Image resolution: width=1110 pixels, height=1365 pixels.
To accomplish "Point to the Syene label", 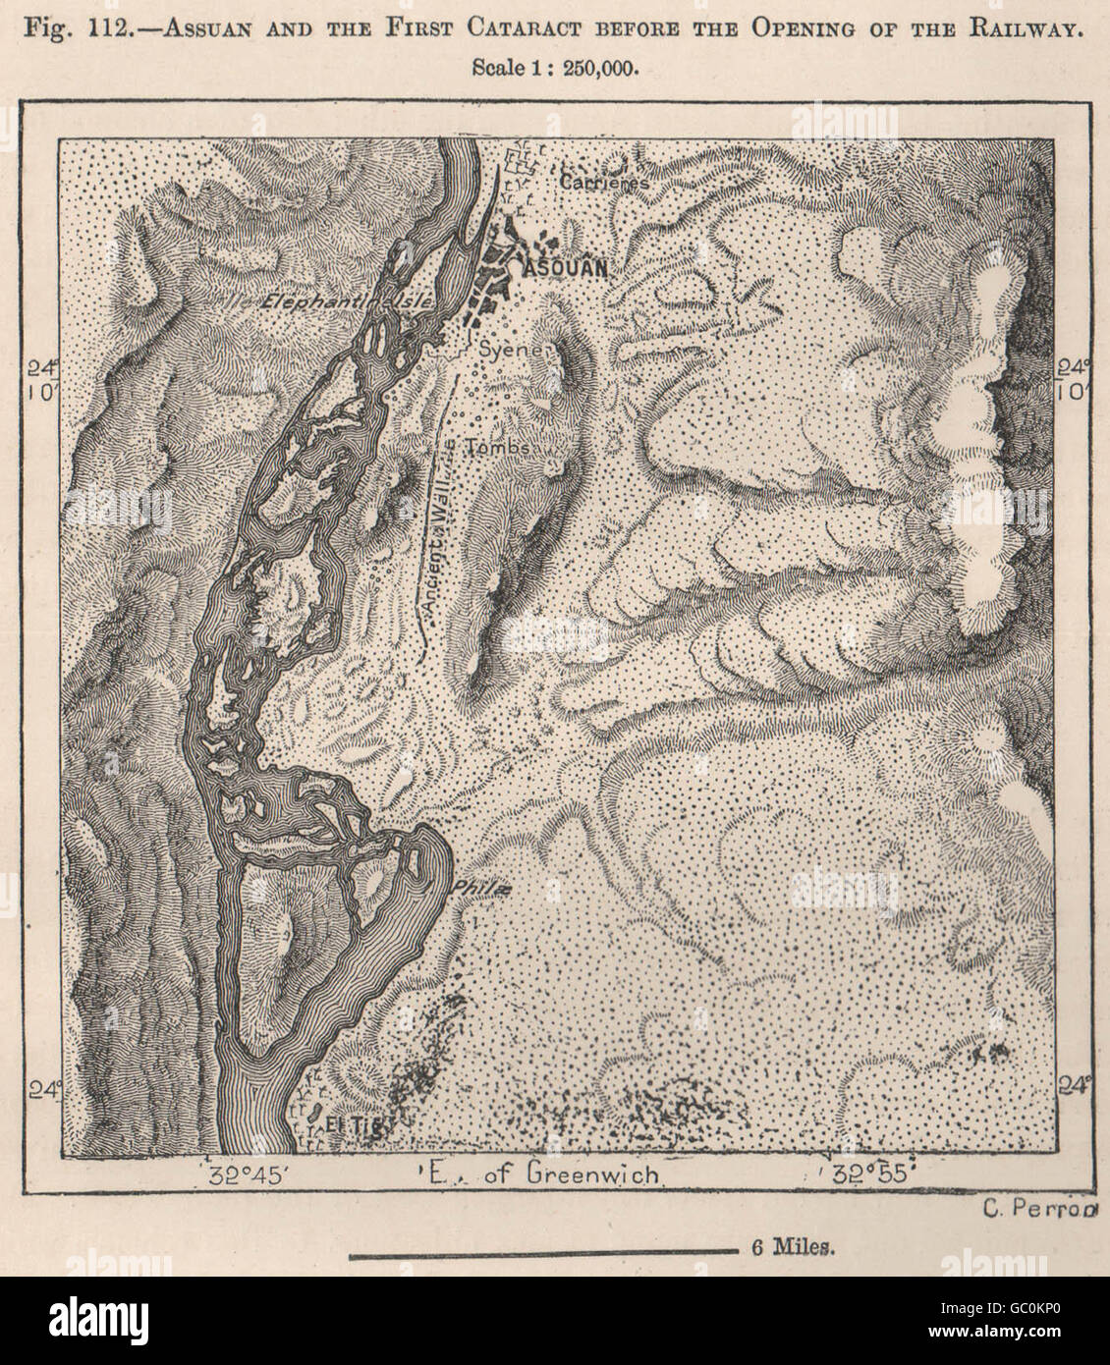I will [506, 348].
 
